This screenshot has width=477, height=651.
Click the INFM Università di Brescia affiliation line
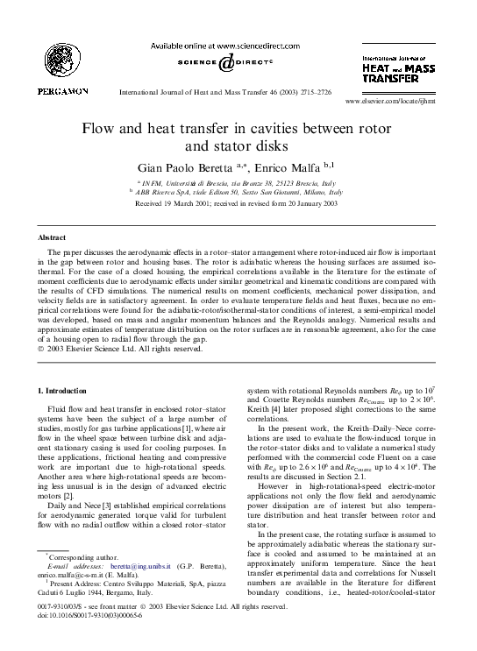[238, 179]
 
